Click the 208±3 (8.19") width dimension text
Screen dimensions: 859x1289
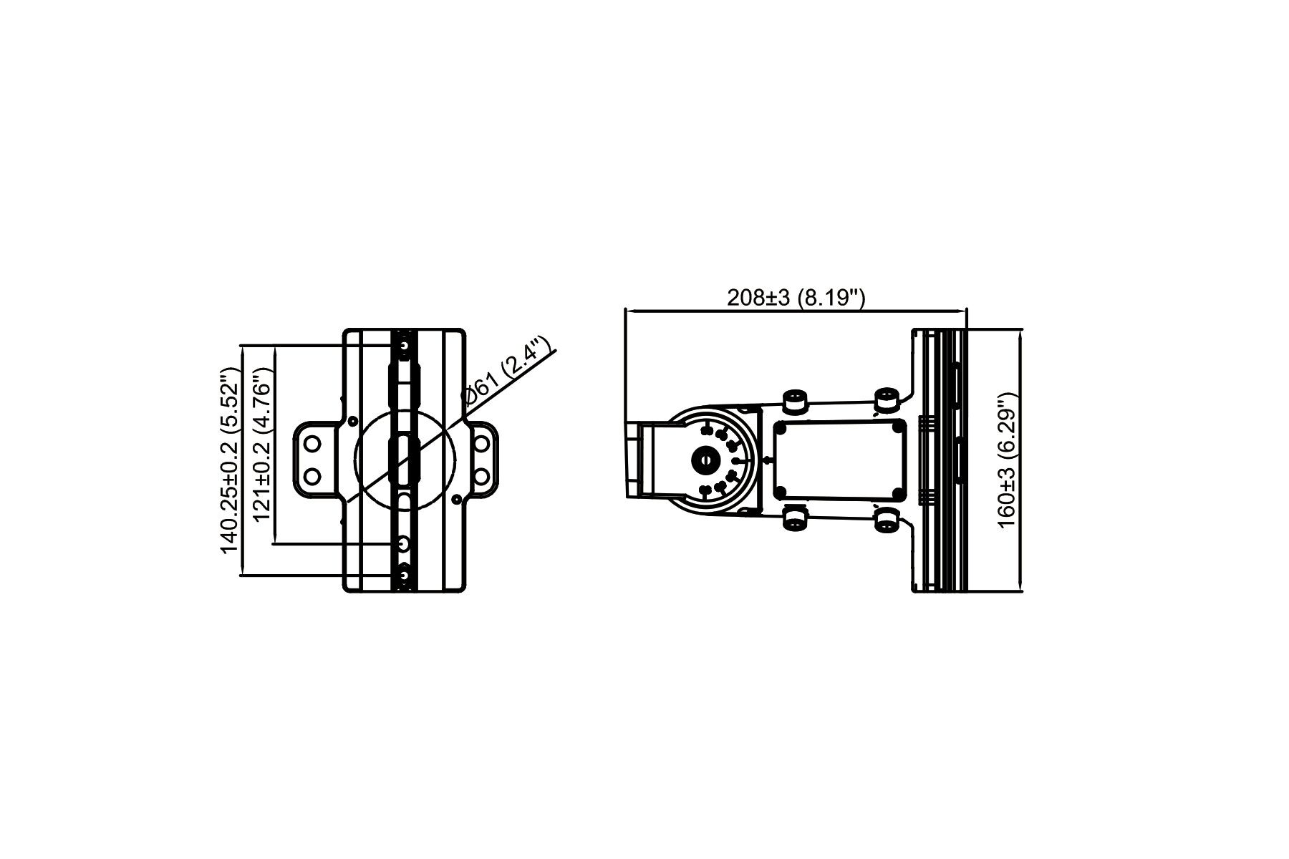(796, 298)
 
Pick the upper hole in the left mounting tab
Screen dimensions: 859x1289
(312, 445)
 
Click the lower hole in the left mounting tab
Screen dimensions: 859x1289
(312, 475)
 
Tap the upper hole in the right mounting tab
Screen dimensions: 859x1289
(482, 445)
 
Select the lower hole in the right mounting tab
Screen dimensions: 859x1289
(482, 475)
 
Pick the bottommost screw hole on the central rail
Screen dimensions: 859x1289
(405, 575)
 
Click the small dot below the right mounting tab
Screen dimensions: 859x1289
(455, 498)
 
